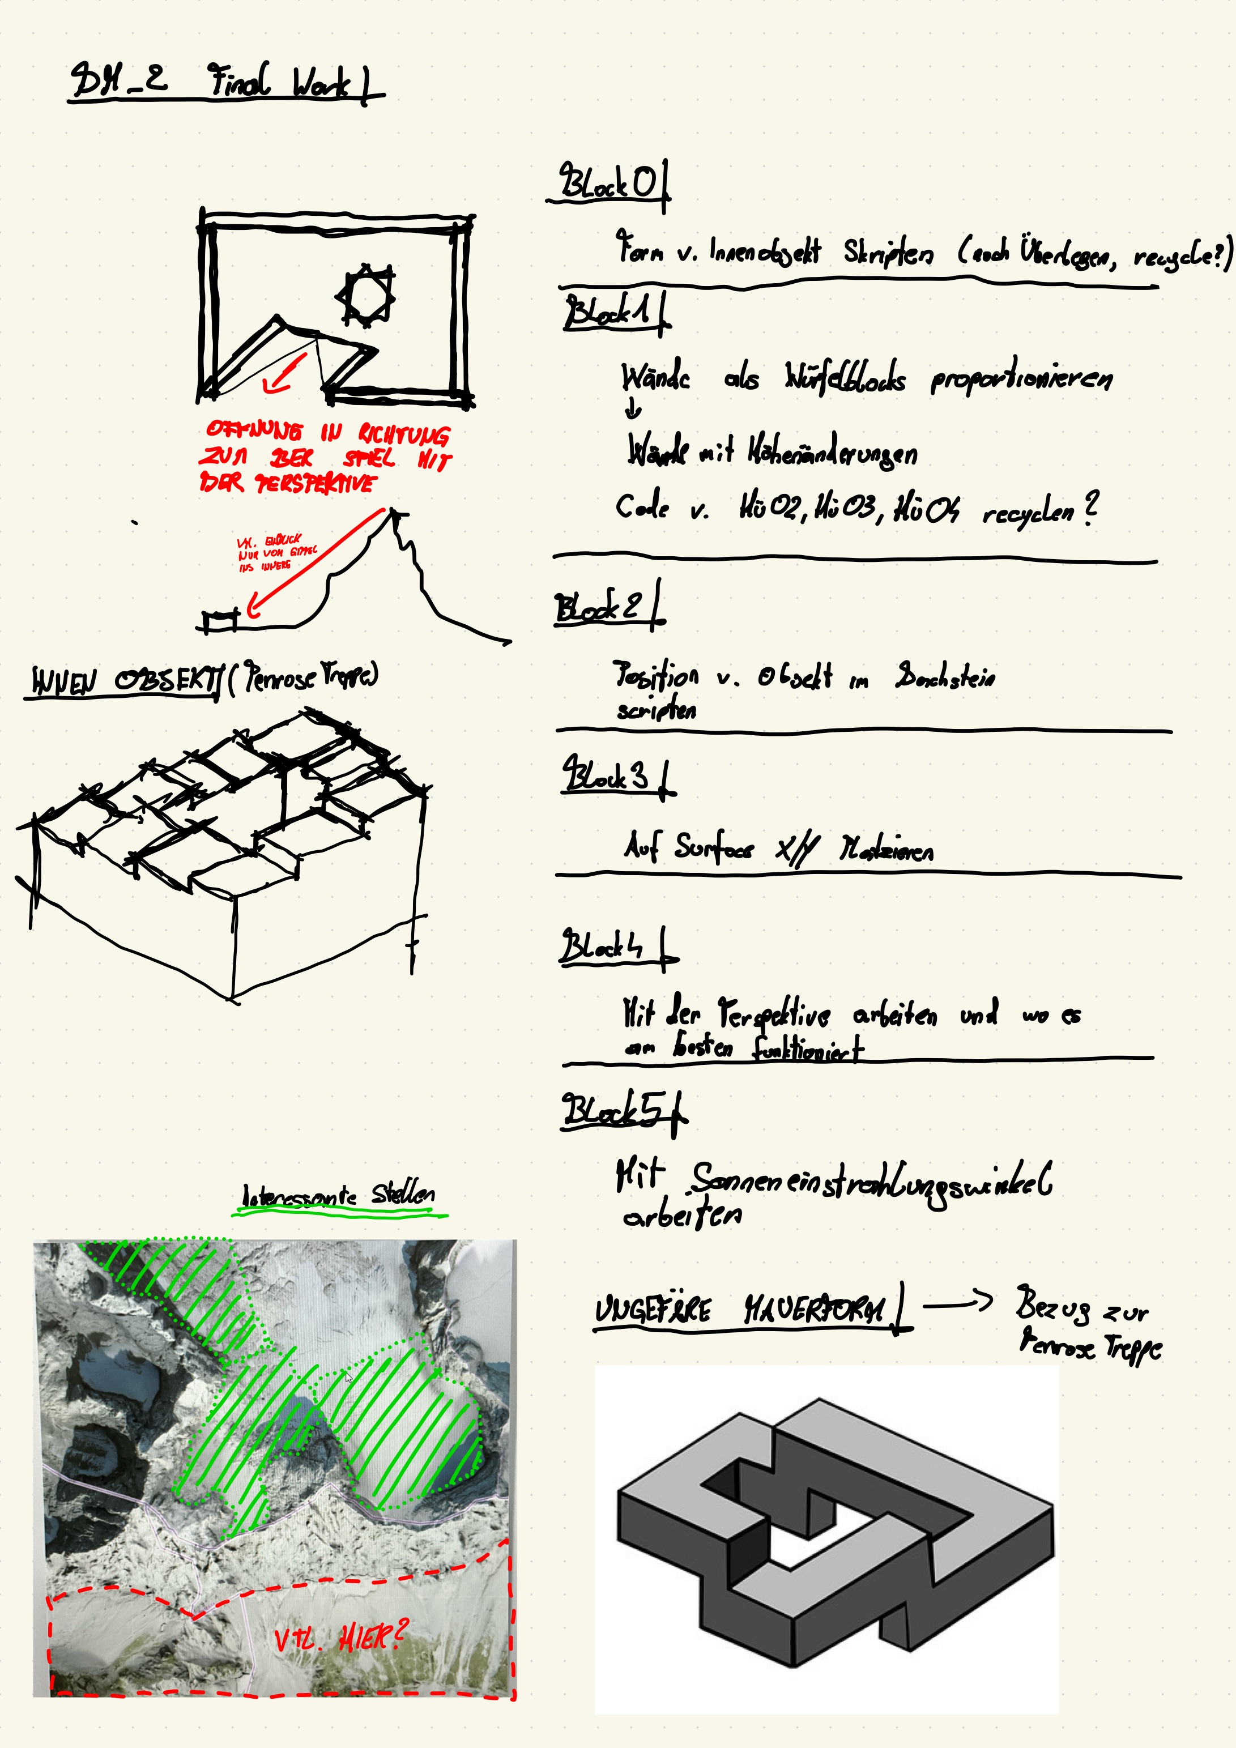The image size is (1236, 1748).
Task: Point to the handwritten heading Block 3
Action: point(610,777)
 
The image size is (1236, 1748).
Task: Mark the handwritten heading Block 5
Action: point(617,1111)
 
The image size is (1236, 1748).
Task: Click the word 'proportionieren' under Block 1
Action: point(1021,378)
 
